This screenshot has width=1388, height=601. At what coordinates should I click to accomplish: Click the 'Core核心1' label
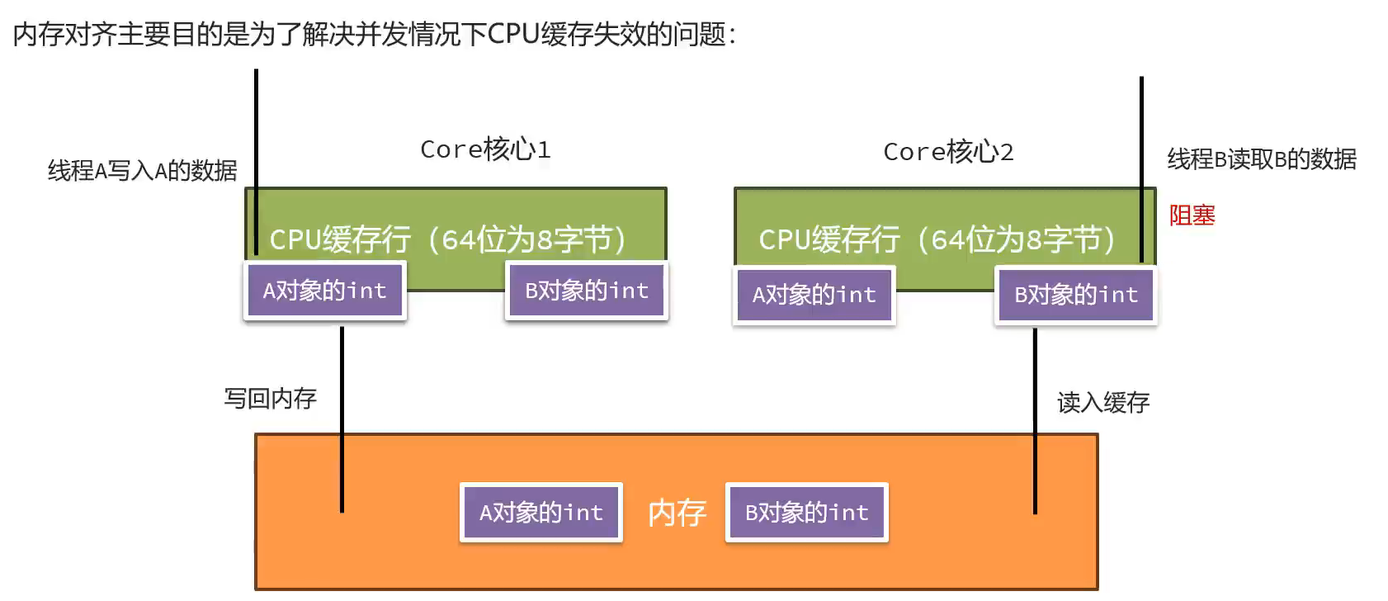click(x=485, y=149)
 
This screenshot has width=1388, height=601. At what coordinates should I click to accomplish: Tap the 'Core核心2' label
click(x=948, y=152)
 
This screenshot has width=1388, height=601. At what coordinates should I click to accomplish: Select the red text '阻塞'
click(x=1192, y=215)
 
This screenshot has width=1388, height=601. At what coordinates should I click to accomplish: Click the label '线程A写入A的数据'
click(x=143, y=171)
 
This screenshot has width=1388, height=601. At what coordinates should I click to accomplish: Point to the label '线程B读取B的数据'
click(x=1262, y=159)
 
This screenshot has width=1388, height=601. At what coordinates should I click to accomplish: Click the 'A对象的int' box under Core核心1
click(x=325, y=291)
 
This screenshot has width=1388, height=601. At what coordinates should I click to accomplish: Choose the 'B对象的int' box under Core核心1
click(x=587, y=291)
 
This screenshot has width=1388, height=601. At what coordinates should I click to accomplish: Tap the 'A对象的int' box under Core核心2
click(x=814, y=295)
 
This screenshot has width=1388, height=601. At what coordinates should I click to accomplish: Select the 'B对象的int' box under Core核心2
click(x=1076, y=295)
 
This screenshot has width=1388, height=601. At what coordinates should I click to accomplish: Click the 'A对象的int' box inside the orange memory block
click(x=541, y=513)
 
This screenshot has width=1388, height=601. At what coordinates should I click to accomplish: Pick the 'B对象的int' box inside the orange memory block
click(x=807, y=513)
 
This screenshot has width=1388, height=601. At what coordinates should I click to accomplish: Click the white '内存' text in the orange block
click(x=677, y=513)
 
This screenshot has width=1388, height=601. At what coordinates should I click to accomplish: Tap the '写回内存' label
click(x=271, y=399)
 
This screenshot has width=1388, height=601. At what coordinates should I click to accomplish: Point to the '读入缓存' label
click(x=1103, y=403)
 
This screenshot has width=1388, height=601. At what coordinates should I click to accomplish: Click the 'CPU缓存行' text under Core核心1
click(x=339, y=240)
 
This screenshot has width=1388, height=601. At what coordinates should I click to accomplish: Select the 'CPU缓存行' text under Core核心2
click(x=829, y=240)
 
